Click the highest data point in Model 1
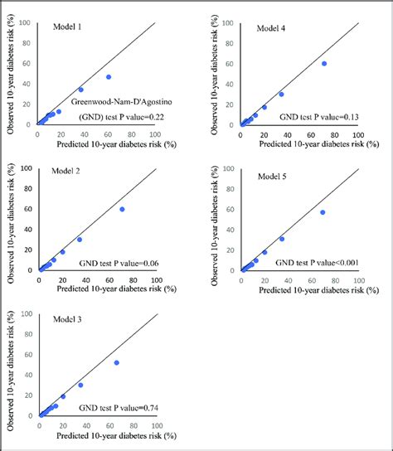109,77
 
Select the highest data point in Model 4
323,63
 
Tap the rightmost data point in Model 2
122,209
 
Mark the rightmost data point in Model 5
323,212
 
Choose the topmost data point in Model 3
116,362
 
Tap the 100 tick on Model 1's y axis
27,22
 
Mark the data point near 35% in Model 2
80,240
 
